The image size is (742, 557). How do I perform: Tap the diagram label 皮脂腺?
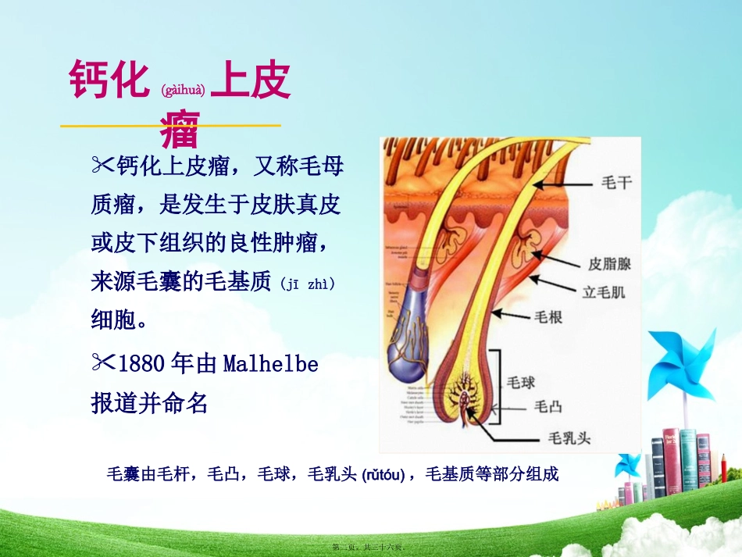(x=609, y=263)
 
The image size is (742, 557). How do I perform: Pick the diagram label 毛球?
(x=521, y=382)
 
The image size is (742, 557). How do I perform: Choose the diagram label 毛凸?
(x=546, y=406)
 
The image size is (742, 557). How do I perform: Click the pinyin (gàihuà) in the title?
(x=184, y=91)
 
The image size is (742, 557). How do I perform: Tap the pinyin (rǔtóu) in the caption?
(x=383, y=474)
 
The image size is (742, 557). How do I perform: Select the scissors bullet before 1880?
(x=102, y=363)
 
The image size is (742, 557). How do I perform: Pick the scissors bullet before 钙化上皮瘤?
(x=102, y=165)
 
